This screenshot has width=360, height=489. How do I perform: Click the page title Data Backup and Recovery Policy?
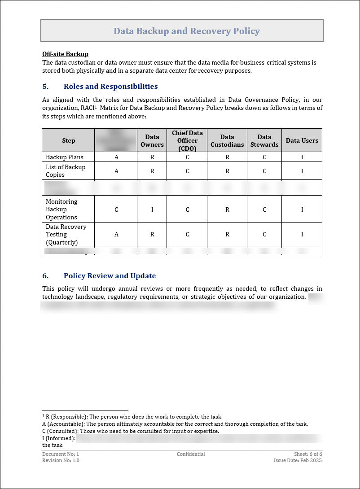pos(186,31)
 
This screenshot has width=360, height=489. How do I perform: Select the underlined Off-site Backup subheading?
pos(65,54)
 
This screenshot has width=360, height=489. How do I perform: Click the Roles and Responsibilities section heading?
pos(110,87)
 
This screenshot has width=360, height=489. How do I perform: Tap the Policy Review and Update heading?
pos(110,276)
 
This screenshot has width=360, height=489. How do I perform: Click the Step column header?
pos(69,140)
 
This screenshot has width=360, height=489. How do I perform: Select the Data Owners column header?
pos(152,141)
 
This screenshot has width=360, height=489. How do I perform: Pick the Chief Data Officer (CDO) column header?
pos(187,140)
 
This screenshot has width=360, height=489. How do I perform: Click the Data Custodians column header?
pos(227,141)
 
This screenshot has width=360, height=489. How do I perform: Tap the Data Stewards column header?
pos(264,141)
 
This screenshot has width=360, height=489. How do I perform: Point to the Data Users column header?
pos(302,140)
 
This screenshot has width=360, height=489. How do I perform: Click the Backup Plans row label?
pos(65,157)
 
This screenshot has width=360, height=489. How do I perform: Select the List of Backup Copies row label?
pos(66,171)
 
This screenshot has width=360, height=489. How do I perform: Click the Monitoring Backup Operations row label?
pos(61,210)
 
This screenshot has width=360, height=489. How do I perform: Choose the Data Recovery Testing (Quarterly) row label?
pos(66,235)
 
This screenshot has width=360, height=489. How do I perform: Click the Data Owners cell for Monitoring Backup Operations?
pos(152,210)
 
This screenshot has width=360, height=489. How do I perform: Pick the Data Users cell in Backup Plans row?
pos(302,157)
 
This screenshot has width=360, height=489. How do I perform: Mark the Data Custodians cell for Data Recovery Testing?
pos(227,234)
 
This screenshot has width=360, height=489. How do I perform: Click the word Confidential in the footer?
pos(191,454)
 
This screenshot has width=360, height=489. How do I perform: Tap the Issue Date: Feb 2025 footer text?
pos(298,460)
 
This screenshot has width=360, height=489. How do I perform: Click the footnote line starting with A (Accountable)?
pos(175,424)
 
